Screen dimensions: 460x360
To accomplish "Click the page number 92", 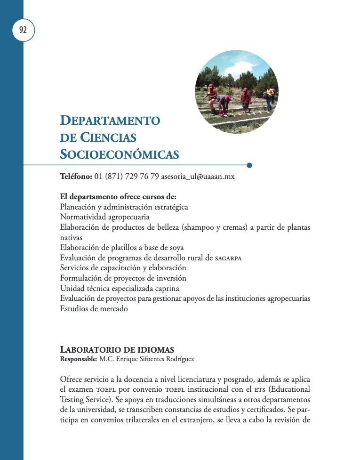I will [23, 30].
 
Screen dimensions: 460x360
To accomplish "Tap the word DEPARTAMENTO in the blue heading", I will [110, 120].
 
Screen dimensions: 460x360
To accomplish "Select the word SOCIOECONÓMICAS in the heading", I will [120, 154].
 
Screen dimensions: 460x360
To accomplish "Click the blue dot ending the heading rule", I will [249, 165].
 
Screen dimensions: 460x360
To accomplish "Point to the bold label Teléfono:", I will [76, 177].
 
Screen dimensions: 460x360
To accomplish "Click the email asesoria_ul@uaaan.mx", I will [198, 177].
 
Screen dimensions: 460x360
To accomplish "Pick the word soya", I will [176, 248].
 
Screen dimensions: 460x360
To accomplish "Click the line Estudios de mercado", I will [94, 309].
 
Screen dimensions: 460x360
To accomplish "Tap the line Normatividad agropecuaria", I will [105, 217].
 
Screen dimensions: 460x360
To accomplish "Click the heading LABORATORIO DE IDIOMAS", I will [117, 350].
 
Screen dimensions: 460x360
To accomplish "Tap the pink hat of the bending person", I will [228, 98].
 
